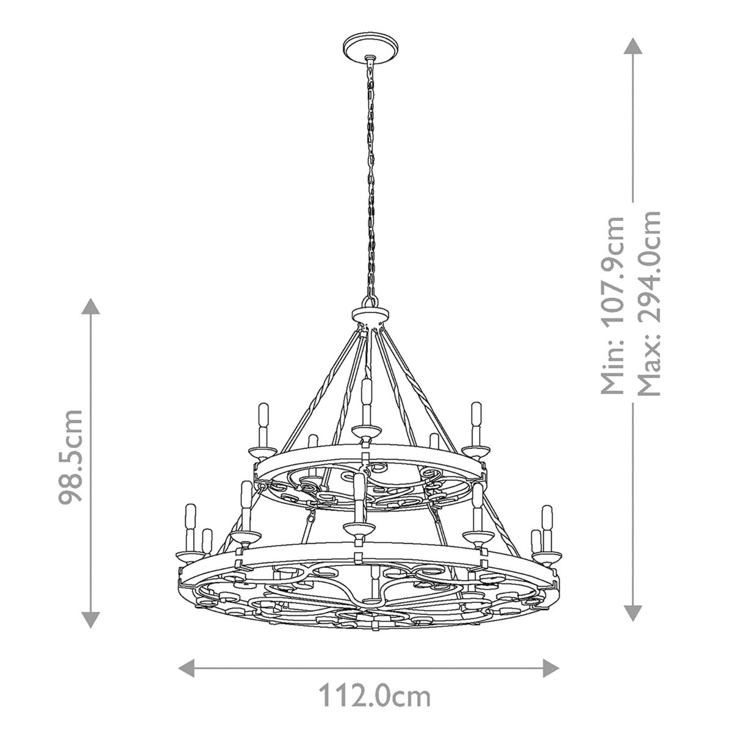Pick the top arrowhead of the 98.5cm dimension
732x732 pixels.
91,307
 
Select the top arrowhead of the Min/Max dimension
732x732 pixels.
633,45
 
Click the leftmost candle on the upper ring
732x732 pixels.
264,424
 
